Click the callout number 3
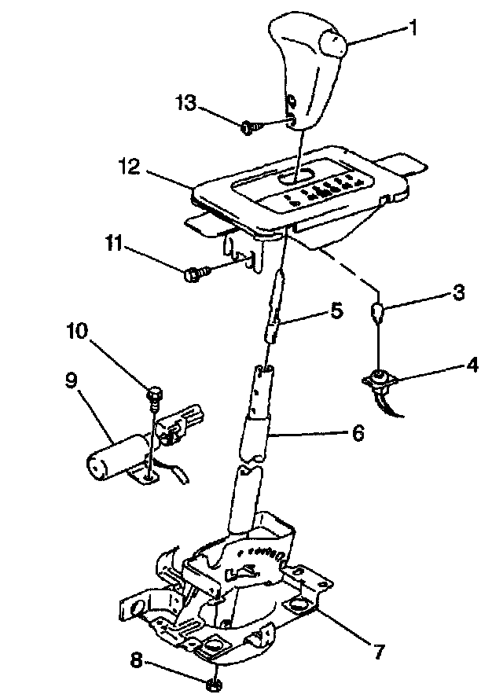pyautogui.click(x=458, y=293)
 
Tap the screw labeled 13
pyautogui.click(x=249, y=124)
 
